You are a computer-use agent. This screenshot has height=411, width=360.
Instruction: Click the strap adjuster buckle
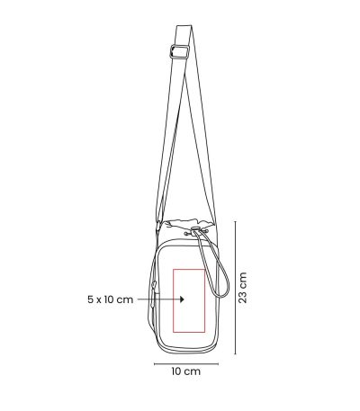click(180, 52)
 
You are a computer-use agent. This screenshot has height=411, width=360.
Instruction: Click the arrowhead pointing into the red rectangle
click(182, 299)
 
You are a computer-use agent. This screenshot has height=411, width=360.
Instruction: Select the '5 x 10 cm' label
click(110, 299)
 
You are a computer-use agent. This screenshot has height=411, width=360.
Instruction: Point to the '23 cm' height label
click(243, 288)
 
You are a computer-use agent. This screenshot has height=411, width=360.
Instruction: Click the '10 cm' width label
click(186, 371)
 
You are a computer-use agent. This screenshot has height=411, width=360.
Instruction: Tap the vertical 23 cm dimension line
click(235, 288)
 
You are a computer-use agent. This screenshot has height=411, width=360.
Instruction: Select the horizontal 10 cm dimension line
click(186, 364)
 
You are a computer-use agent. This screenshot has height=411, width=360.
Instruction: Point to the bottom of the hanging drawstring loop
click(222, 296)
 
